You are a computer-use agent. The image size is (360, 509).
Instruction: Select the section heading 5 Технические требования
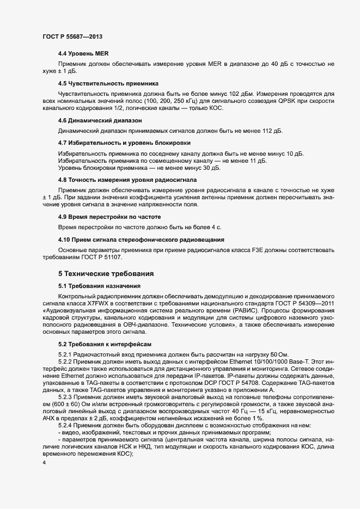click(106, 273)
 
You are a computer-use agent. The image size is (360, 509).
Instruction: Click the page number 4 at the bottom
click(44, 463)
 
